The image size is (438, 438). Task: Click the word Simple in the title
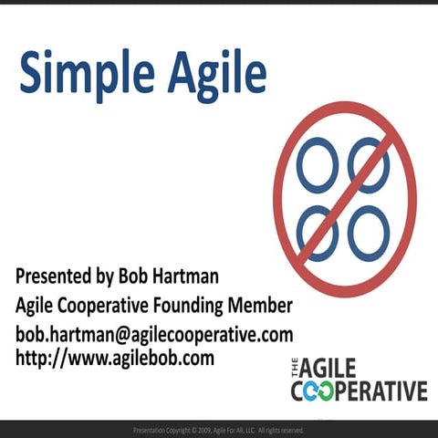pos(80,72)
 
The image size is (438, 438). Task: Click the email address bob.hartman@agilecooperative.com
pos(154,332)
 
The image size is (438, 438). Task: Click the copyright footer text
pos(219,430)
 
